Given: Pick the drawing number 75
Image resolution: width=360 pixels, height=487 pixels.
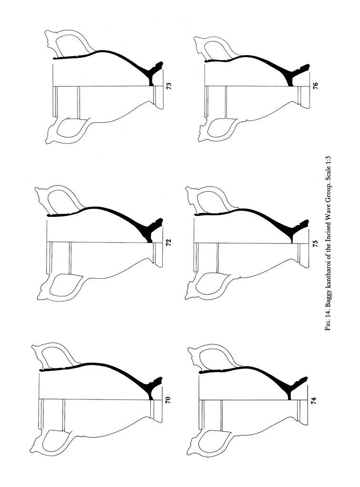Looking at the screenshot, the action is coord(315,243).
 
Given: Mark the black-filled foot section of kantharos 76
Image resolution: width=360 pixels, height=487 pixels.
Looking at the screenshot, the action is coord(298,75).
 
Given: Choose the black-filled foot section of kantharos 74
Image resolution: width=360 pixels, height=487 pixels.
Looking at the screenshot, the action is coord(297,388).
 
